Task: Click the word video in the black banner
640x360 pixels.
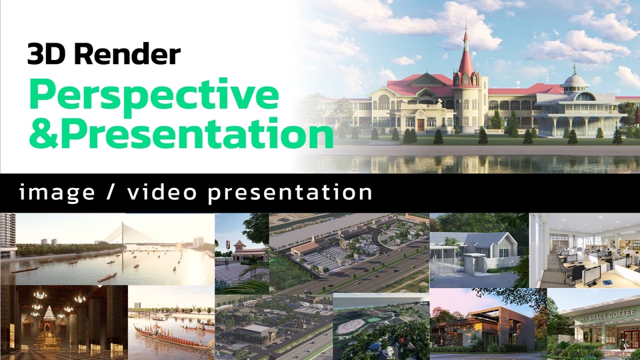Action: (x=161, y=193)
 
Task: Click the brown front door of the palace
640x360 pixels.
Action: (x=420, y=124)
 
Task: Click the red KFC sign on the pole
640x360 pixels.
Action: (x=226, y=243)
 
